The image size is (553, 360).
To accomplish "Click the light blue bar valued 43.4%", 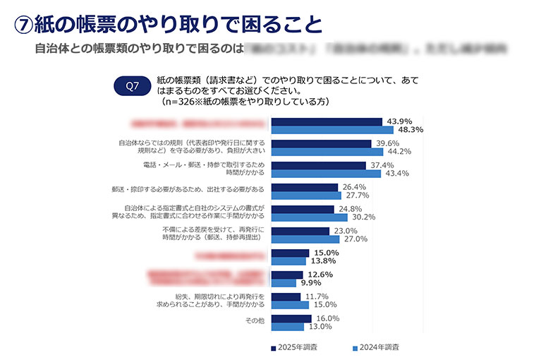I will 325,174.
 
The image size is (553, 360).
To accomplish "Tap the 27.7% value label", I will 355,196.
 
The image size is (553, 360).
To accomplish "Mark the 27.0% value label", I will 354,239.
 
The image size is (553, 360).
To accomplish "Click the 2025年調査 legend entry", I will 294,347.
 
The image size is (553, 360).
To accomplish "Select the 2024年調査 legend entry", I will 376,347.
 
